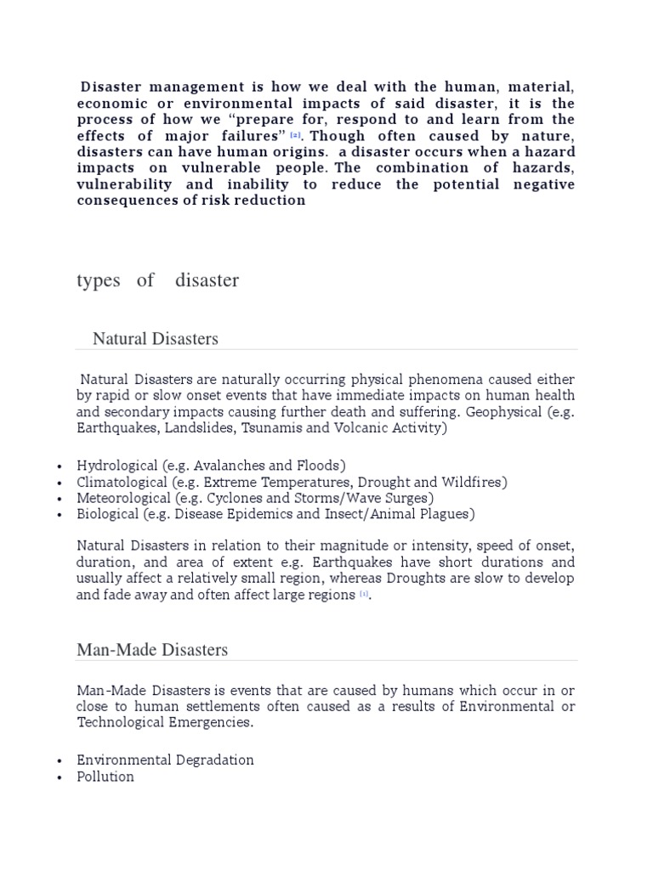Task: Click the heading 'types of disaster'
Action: (157, 281)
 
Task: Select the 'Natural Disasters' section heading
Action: (155, 339)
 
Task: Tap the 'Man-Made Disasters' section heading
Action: (152, 650)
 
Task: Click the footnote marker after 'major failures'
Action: (295, 136)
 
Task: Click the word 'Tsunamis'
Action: (272, 428)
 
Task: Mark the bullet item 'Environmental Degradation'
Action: (165, 760)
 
